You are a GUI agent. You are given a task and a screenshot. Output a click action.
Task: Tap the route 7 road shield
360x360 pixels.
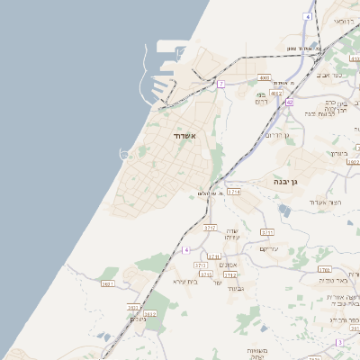pyautogui.click(x=220, y=84)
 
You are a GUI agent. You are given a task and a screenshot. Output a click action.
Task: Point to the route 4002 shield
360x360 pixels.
pyautogui.click(x=275, y=93)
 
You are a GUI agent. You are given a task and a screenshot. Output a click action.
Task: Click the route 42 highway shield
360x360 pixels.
pyautogui.click(x=289, y=103)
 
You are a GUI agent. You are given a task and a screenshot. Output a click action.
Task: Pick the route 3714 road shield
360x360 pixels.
pyautogui.click(x=234, y=192)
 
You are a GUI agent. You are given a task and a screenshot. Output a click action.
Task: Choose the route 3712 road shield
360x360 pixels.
pyautogui.click(x=230, y=275)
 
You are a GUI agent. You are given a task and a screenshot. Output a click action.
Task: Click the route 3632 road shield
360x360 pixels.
pyautogui.click(x=149, y=313)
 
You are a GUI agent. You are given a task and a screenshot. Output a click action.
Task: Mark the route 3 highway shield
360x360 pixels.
pyautogui.click(x=340, y=342)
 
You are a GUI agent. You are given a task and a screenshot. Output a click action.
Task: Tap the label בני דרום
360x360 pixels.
pyautogui.click(x=262, y=98)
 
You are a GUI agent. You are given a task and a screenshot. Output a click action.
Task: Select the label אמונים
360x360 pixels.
pyautogui.click(x=229, y=265)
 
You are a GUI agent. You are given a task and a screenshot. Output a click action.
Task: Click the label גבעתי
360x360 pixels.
pyautogui.click(x=236, y=288)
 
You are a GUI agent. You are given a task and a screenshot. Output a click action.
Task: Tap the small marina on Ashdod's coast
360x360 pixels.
pyautogui.click(x=121, y=153)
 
